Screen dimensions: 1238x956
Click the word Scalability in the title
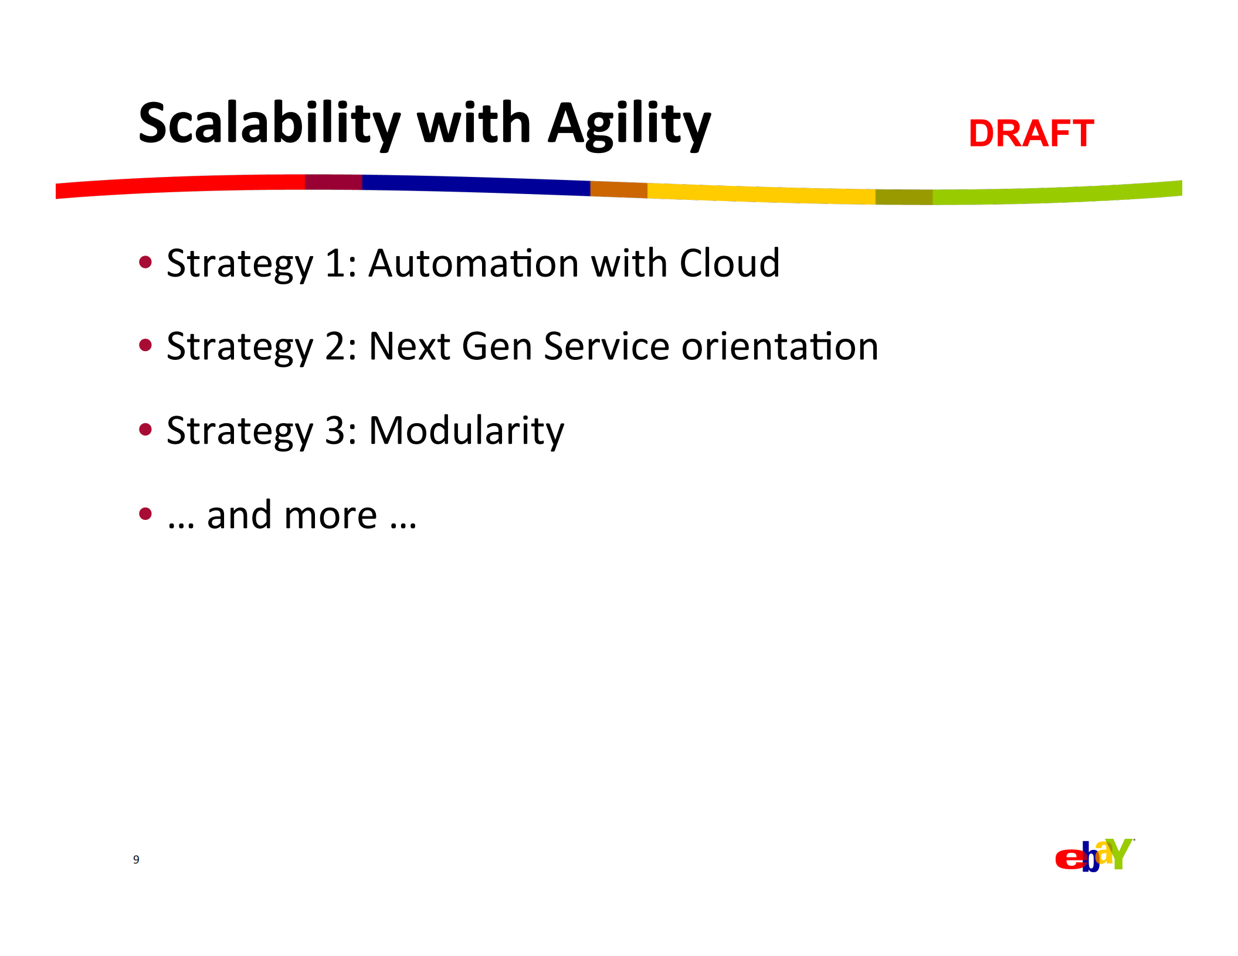[270, 124]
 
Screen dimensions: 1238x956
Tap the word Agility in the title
[629, 124]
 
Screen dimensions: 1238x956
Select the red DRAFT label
[1031, 133]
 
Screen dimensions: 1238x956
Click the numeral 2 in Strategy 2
[335, 346]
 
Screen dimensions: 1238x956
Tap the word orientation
[780, 346]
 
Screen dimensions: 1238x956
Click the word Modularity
[466, 431]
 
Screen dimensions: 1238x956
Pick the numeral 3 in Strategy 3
[335, 430]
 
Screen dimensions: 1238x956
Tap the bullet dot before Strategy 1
[145, 262]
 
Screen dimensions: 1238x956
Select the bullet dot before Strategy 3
[145, 430]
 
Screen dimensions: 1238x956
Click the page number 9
[136, 859]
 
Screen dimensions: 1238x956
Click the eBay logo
[1094, 856]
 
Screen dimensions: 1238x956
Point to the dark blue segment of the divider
[476, 185]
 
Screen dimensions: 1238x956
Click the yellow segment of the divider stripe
[761, 193]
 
